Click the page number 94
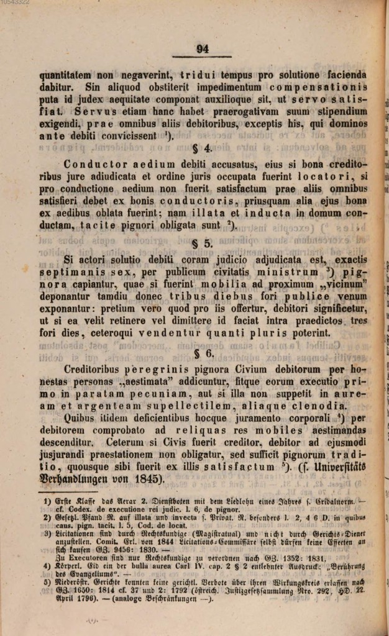[203, 50]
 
